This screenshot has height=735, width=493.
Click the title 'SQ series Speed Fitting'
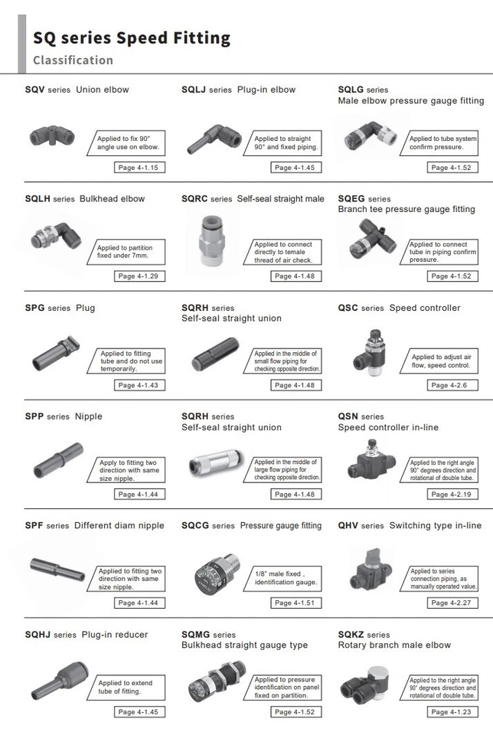pos(131,38)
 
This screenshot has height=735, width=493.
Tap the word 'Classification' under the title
pos(73,60)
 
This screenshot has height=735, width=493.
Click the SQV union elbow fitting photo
pos(52,137)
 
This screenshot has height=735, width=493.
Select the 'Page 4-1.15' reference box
pos(139,167)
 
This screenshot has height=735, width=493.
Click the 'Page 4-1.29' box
pos(139,276)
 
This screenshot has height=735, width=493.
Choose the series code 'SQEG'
pos(351,198)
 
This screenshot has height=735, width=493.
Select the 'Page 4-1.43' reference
pos(139,385)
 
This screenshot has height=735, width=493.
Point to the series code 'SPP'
pos(34,416)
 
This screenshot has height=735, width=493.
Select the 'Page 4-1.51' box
pos(294,603)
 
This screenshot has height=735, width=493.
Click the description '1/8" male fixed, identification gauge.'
pos(286,577)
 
